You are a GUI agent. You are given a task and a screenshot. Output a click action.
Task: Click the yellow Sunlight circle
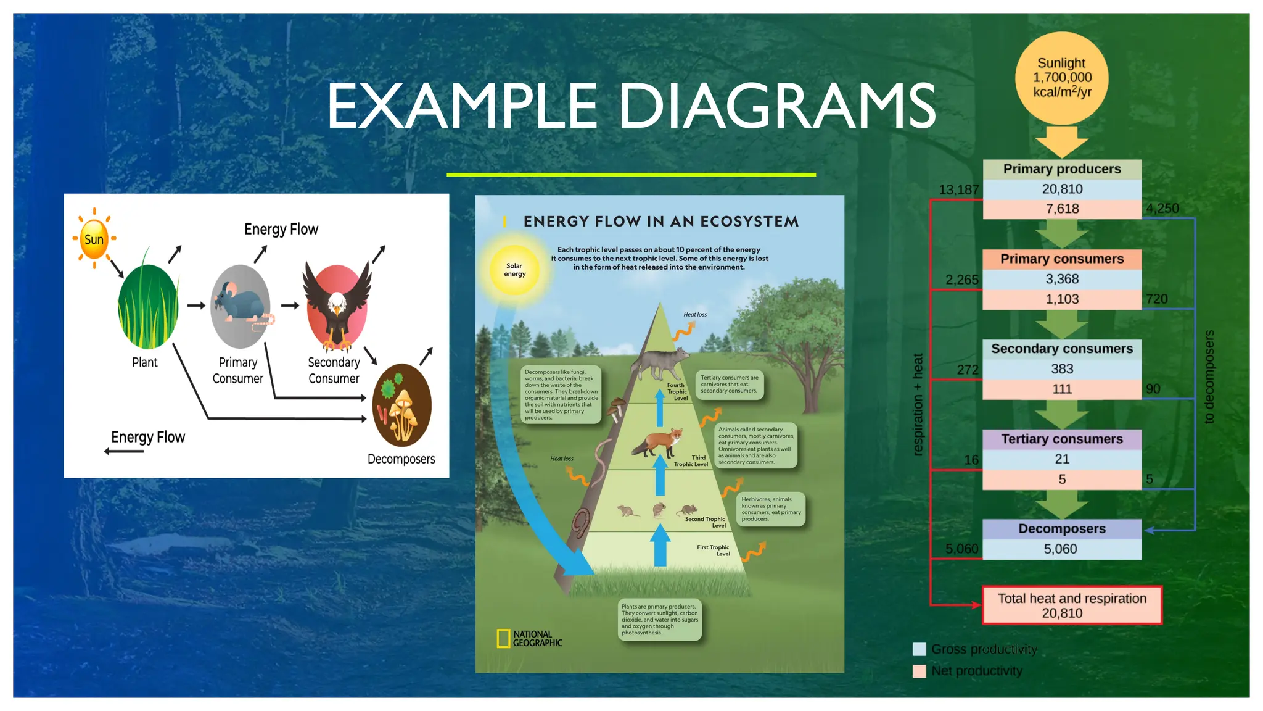1061,78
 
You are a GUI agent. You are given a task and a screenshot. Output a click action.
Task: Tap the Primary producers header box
1061,169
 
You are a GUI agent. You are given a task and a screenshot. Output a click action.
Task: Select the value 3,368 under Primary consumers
1061,279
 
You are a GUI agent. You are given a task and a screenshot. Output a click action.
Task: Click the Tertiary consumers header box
1061,439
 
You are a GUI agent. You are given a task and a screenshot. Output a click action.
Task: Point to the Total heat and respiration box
1072,605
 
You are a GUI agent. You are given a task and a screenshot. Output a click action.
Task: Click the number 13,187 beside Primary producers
958,190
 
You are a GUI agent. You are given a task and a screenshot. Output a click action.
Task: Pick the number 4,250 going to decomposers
1162,209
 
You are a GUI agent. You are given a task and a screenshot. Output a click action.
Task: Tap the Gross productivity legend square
919,649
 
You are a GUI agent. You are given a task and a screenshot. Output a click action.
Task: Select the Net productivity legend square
919,671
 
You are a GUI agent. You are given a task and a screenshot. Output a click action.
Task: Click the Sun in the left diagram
94,239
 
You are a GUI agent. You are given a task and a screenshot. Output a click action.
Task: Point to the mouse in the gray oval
239,304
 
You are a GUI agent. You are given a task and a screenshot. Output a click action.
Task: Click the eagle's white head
337,303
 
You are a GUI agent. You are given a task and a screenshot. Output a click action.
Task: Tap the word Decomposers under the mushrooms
401,459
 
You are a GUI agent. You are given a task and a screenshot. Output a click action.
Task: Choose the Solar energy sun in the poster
514,270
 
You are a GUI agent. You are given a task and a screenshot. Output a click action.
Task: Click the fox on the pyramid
658,442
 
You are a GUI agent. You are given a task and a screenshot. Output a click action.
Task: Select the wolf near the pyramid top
660,363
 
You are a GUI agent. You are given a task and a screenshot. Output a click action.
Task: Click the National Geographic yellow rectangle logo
503,638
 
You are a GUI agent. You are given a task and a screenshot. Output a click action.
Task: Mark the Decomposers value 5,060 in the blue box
1060,549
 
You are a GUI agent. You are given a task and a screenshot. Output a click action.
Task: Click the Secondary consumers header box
1061,349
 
